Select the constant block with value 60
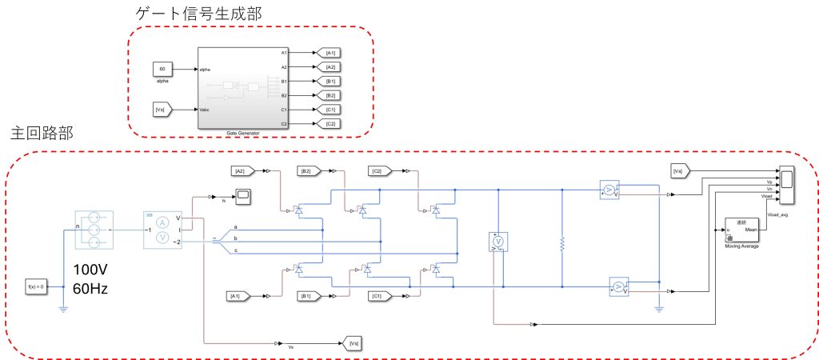tap(162, 70)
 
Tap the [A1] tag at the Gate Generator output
tap(329, 53)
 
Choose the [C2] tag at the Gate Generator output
tap(329, 124)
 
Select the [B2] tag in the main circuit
tap(308, 170)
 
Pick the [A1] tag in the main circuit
tap(237, 297)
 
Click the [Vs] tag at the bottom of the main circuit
tap(352, 343)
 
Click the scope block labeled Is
tap(243, 195)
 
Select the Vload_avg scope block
tap(788, 187)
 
